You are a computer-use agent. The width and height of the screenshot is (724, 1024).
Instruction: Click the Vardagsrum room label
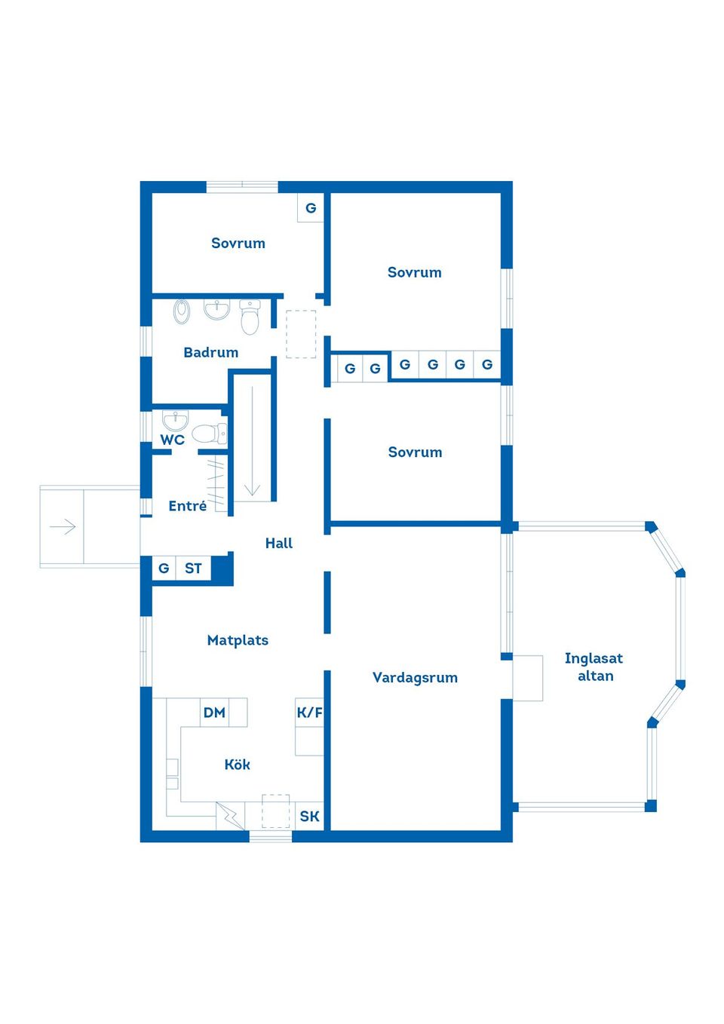415,677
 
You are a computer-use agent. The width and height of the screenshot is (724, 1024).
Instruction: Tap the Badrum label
210,352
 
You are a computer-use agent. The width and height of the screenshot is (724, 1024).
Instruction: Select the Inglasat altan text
594,667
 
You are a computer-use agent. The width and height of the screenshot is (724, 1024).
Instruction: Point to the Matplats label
238,640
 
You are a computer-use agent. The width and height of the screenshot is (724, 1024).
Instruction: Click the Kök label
238,765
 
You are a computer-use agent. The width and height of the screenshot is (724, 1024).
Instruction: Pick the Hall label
279,543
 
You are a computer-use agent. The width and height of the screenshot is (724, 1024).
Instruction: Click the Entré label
187,506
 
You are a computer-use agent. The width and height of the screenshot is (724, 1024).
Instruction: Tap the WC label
172,440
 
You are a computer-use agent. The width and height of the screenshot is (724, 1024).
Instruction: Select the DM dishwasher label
214,713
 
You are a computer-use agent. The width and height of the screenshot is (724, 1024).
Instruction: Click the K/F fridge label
309,713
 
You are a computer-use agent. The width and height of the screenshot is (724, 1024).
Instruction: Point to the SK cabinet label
309,816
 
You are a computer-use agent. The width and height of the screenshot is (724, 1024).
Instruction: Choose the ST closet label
193,569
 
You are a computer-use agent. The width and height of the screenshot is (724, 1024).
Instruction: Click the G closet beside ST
164,569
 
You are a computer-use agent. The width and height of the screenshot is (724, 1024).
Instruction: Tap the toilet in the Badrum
250,317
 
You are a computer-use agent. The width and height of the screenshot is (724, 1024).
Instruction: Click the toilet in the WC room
210,434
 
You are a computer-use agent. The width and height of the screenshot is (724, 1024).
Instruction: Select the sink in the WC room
175,420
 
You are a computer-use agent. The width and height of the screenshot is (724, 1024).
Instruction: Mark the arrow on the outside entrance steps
63,526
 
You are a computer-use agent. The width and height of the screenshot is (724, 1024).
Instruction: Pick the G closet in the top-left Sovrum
311,208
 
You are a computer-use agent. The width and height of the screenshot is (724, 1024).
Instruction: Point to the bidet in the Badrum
182,311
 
